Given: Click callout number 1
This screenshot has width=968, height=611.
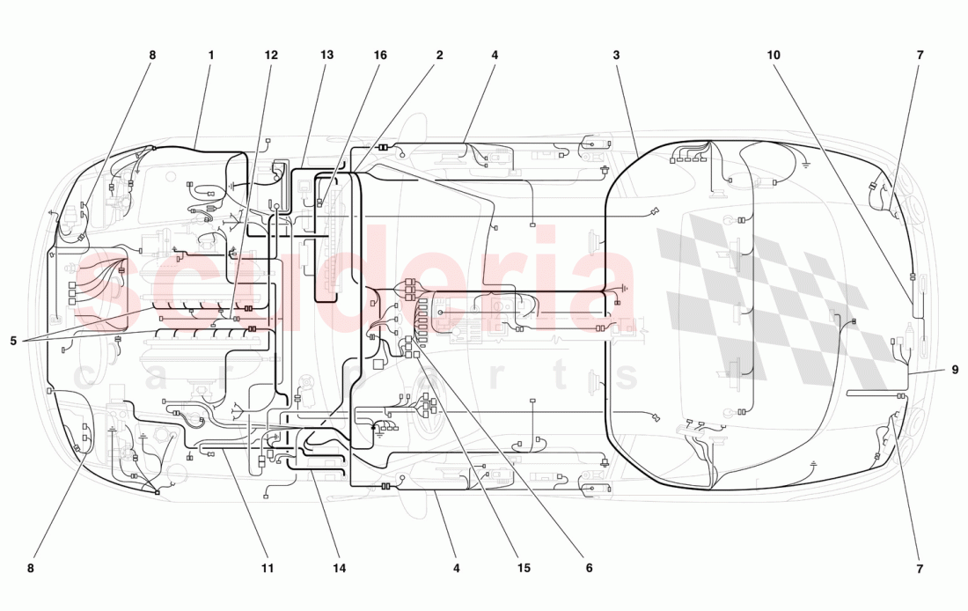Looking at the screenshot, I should [211, 55].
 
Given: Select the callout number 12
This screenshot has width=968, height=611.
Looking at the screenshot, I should [271, 55].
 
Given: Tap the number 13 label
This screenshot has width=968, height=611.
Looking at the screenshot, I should [327, 55].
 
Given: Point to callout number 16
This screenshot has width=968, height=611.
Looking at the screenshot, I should [380, 55].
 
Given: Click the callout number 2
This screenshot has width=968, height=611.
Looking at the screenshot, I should [438, 55].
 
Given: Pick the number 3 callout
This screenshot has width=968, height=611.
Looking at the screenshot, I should [617, 55].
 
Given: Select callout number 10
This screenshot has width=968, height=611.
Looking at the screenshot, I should [774, 55].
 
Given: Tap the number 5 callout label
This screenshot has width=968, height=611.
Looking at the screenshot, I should [14, 341].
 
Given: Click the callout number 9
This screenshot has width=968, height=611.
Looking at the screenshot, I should [955, 370].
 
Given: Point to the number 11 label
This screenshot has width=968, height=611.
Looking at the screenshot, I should [268, 569].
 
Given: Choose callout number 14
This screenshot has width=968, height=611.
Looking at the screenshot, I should [340, 569].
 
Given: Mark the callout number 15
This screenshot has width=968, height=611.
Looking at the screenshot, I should [524, 569].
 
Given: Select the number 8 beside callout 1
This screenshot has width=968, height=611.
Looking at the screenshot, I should [152, 55].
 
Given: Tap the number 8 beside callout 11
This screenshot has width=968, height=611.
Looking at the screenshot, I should [31, 569].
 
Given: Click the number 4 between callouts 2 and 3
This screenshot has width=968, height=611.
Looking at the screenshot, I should [495, 55].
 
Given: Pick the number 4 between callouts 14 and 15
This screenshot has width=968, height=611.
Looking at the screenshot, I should [457, 569].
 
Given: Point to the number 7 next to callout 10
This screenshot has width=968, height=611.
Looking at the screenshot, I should [920, 55].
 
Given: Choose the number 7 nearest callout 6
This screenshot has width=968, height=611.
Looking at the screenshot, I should [920, 569].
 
